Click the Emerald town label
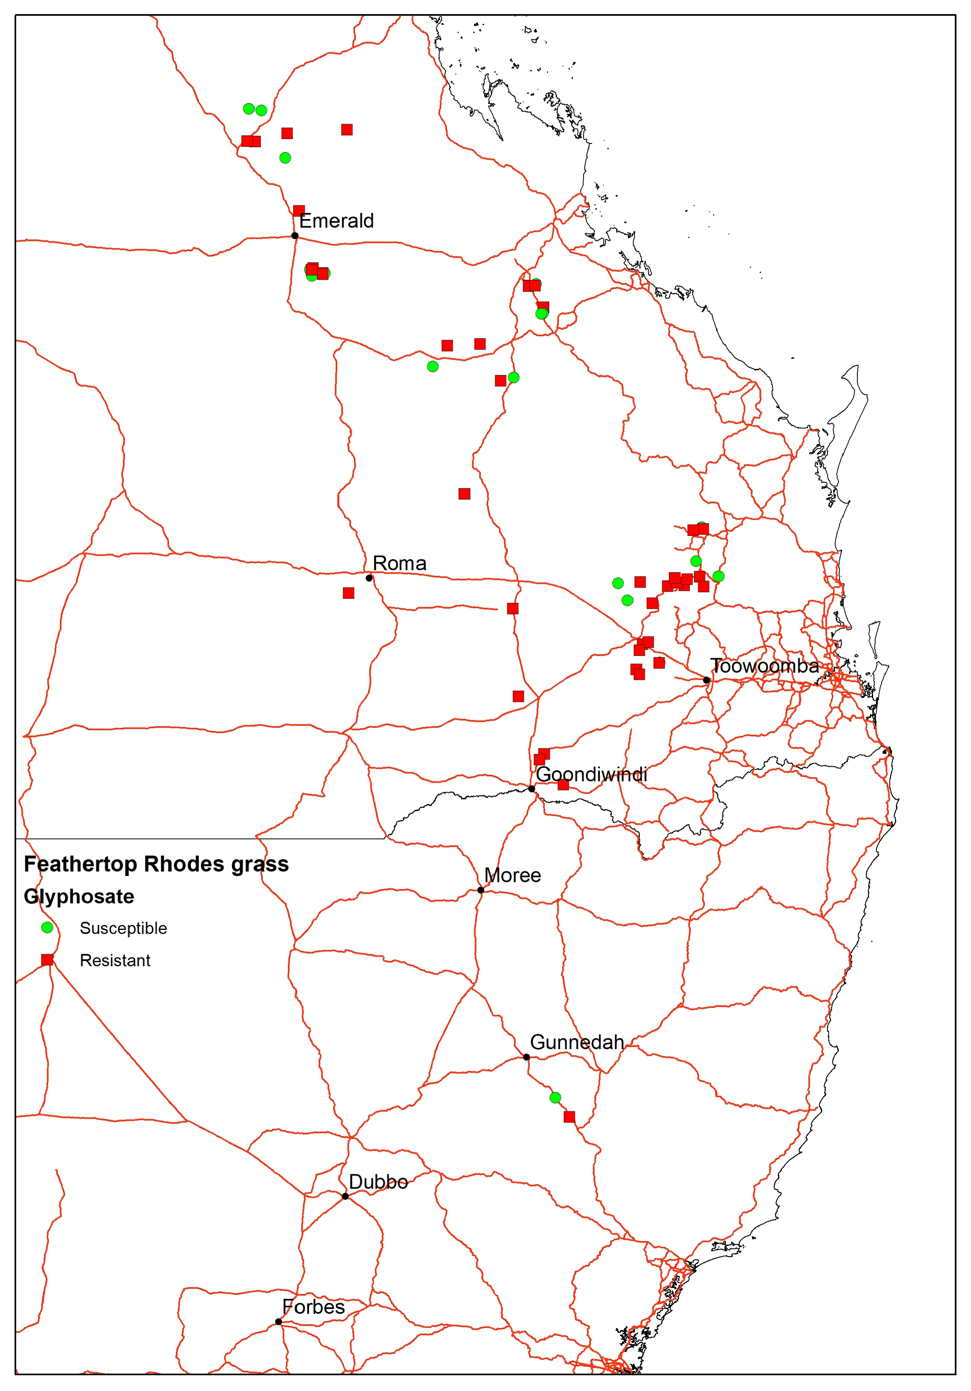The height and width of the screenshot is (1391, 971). tap(336, 221)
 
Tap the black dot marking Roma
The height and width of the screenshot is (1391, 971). tap(369, 578)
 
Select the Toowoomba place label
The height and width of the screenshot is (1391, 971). tap(764, 666)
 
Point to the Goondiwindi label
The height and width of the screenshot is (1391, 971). tap(592, 774)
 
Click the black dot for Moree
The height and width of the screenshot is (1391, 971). tap(481, 890)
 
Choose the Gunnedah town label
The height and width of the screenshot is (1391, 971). tap(577, 1042)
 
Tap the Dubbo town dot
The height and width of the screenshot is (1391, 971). tap(345, 1196)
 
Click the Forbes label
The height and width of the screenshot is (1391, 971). tap(313, 1307)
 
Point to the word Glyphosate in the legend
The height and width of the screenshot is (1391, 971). tap(79, 896)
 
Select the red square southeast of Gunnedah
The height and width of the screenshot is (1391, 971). tap(569, 1117)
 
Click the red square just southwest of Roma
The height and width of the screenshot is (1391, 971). tap(349, 593)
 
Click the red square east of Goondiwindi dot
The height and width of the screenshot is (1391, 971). tap(563, 784)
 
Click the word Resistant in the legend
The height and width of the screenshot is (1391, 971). tap(115, 960)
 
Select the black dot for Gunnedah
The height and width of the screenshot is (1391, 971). tap(526, 1057)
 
